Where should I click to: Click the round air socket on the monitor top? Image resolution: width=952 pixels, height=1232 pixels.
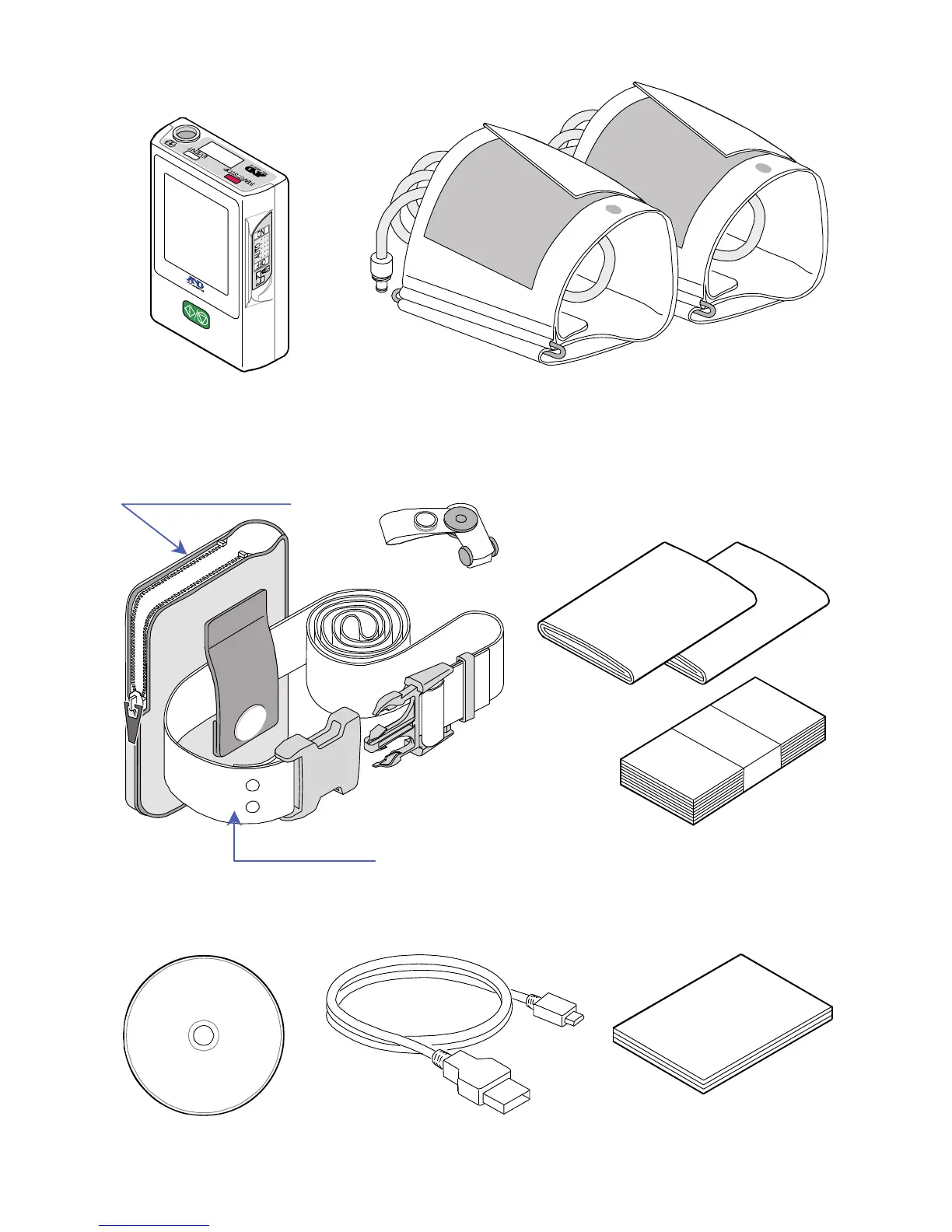click(x=185, y=135)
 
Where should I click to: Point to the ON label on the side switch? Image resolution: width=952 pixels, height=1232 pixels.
click(x=262, y=233)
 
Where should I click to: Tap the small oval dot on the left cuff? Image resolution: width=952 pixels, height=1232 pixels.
click(x=611, y=208)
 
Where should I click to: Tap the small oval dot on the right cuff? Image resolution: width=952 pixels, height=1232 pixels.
click(x=764, y=167)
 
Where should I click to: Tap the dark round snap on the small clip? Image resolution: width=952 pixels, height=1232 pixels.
click(x=459, y=516)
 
